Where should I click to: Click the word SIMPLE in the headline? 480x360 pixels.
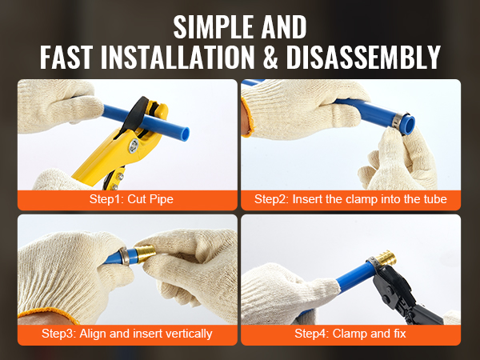[x=214, y=27]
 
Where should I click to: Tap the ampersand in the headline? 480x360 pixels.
[x=270, y=57]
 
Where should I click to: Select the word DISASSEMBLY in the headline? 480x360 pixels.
[x=363, y=57]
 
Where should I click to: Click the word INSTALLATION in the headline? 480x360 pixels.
[x=178, y=57]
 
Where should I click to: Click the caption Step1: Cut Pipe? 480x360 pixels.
[x=131, y=199]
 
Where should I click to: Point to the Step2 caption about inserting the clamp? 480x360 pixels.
[x=350, y=199]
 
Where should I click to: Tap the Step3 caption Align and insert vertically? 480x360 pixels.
[x=127, y=334]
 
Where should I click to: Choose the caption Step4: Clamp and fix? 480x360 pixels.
[x=350, y=334]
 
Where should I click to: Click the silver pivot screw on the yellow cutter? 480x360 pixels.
[x=134, y=145]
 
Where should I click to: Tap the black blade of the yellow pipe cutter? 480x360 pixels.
[x=134, y=114]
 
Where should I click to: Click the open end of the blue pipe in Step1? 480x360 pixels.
[x=185, y=134]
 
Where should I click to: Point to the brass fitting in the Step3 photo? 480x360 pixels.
[x=146, y=253]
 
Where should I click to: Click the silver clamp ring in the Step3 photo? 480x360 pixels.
[x=125, y=255]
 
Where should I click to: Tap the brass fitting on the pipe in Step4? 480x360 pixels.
[x=386, y=258]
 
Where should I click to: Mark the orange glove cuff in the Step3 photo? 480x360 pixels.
[x=49, y=314]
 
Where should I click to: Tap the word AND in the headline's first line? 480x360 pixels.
[x=284, y=27]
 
